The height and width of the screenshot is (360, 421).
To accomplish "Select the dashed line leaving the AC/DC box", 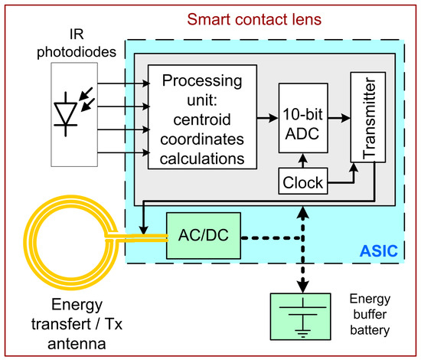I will (268, 237).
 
